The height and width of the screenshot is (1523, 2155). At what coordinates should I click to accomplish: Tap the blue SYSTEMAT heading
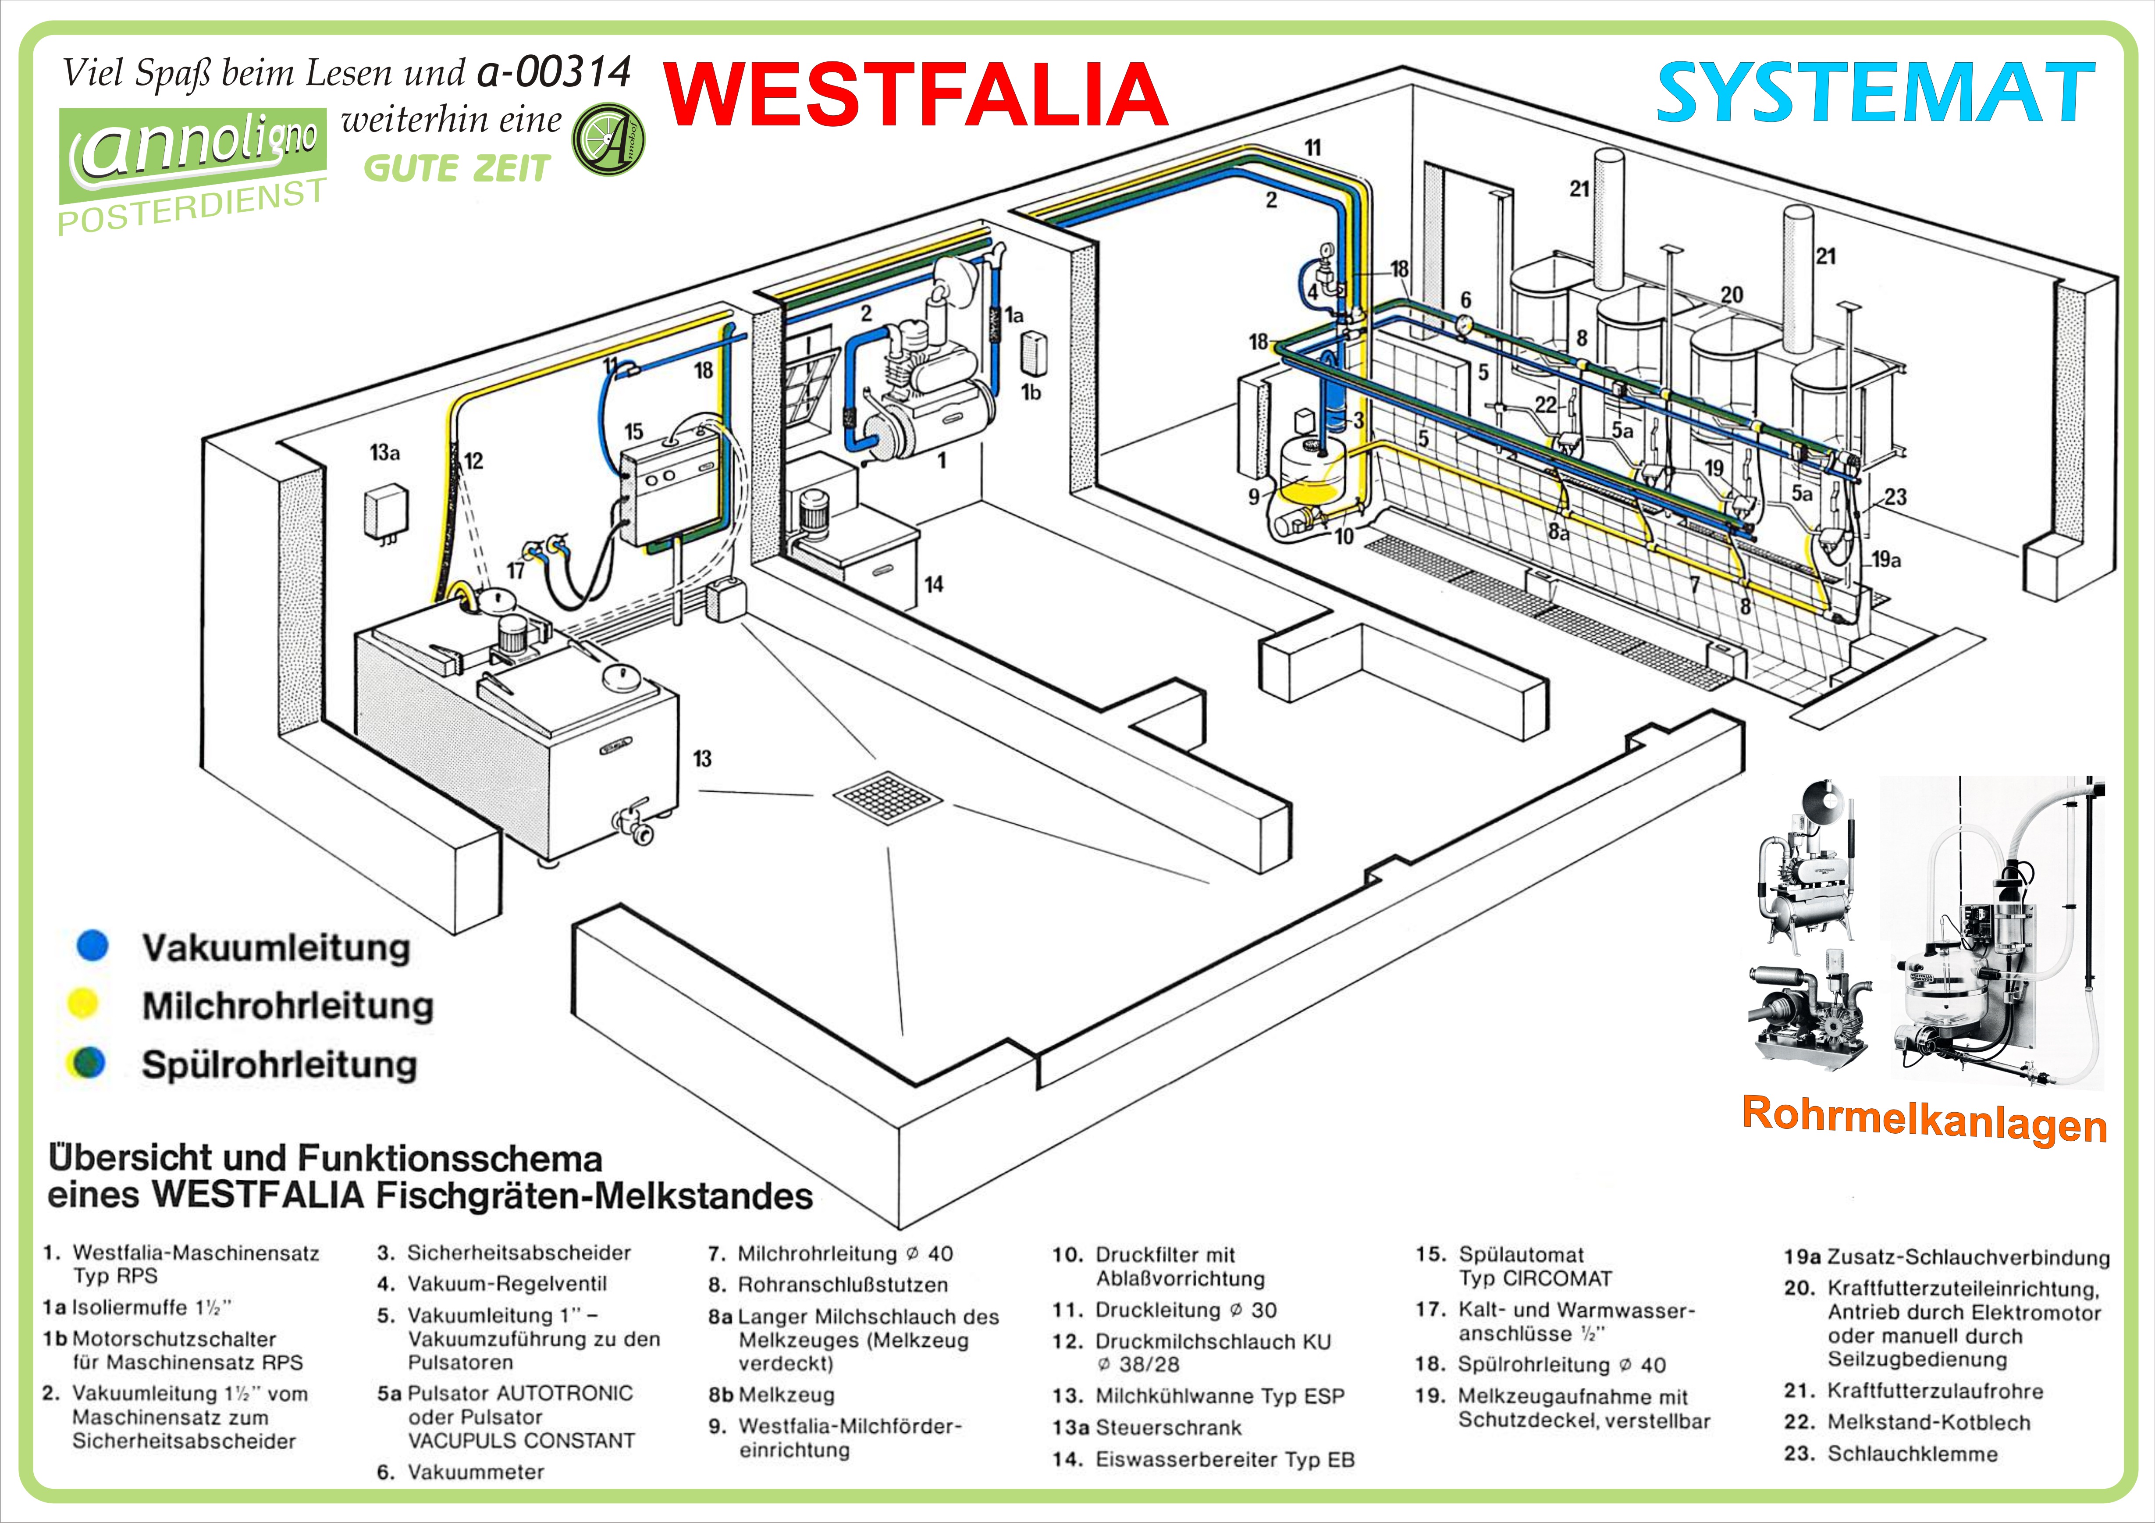[x=1875, y=94]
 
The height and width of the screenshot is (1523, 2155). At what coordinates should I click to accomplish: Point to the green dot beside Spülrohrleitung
[x=86, y=1063]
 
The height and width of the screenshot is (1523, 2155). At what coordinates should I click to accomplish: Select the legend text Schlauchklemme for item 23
[x=1912, y=1454]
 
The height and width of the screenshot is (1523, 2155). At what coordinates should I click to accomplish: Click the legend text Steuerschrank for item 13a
[x=1169, y=1427]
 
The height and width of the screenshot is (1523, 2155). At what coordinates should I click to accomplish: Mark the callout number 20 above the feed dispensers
[x=1732, y=295]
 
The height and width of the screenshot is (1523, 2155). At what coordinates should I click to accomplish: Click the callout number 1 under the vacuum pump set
[x=942, y=461]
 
